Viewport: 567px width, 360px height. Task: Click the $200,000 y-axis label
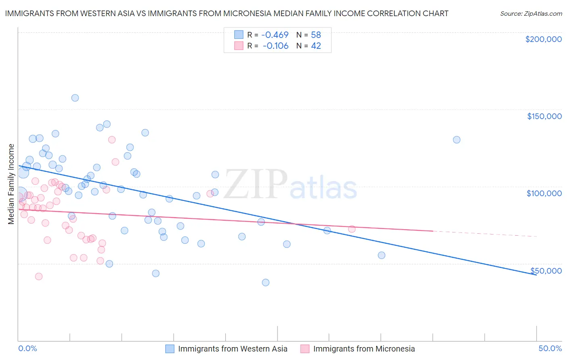[543, 39]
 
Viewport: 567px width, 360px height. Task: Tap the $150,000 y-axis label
[544, 116]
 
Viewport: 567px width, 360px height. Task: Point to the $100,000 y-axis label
[544, 193]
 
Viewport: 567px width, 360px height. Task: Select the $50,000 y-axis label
[546, 271]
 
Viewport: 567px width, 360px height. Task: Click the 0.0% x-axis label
[27, 349]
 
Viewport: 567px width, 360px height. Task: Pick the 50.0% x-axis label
[550, 349]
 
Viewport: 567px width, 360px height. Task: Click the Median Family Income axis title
[11, 184]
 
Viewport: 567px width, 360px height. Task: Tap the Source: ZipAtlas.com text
[531, 14]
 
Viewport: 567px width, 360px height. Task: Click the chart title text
[227, 14]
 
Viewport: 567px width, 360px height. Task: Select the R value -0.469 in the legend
[275, 35]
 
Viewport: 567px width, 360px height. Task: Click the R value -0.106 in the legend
[275, 46]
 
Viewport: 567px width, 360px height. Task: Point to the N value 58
[316, 35]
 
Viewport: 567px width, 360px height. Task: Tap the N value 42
[316, 46]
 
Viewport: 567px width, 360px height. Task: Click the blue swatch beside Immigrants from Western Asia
[170, 349]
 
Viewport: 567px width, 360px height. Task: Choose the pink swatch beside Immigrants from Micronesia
[305, 349]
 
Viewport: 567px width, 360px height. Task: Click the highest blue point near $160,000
[75, 98]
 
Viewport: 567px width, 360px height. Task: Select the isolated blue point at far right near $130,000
[457, 140]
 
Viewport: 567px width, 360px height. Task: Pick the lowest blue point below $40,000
[265, 283]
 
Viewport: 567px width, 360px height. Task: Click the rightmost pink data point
[352, 229]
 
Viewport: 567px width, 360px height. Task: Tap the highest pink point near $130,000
[112, 140]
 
